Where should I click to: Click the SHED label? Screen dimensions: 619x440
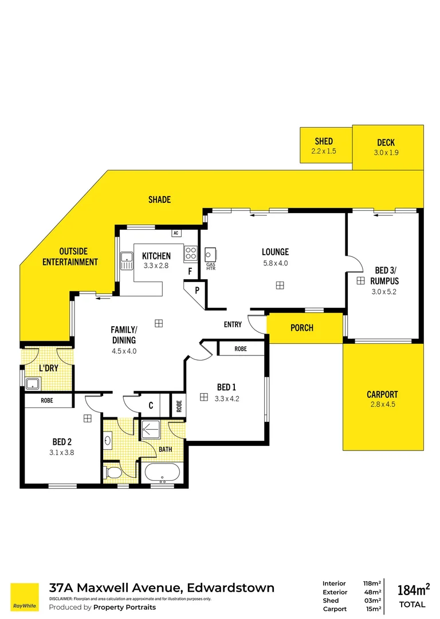[323, 141]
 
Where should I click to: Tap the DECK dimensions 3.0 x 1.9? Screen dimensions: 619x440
[386, 152]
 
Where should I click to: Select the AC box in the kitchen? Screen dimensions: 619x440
[176, 233]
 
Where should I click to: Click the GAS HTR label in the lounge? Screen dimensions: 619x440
[210, 265]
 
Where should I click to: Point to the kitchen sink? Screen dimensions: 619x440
[126, 262]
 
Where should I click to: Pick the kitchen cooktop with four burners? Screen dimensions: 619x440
[190, 254]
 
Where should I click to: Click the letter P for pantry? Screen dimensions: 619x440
[197, 290]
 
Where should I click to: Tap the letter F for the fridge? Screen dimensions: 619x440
[190, 271]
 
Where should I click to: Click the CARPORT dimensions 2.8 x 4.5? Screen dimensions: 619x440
[382, 404]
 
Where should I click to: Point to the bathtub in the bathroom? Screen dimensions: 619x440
[162, 473]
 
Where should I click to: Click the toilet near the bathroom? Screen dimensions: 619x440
[112, 472]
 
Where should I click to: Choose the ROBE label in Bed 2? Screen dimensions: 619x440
[47, 401]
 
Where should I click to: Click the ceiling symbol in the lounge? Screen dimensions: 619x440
[279, 285]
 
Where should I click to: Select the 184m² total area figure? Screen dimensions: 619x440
[412, 589]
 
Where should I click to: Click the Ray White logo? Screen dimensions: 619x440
[25, 597]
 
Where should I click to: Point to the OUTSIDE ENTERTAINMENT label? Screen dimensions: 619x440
[78, 257]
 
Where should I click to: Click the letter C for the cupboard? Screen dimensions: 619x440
[151, 405]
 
